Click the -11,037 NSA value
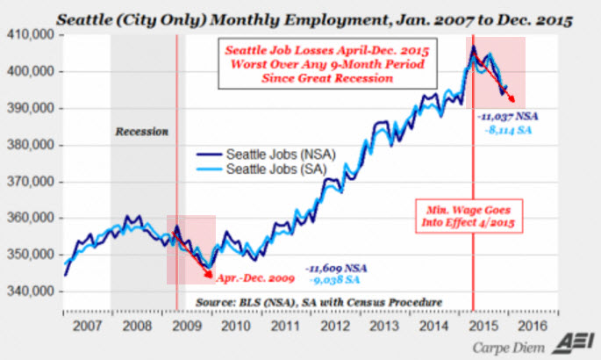click(x=509, y=116)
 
